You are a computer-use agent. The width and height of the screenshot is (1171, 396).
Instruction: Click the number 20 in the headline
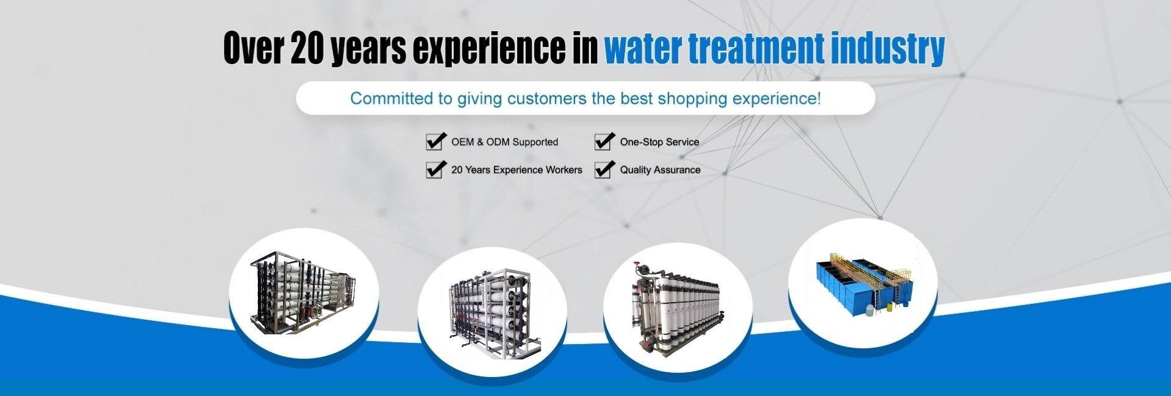tap(309, 49)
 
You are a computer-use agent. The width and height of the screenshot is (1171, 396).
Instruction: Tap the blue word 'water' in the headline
tap(643, 49)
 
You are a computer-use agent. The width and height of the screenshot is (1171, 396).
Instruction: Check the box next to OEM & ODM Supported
tap(435, 141)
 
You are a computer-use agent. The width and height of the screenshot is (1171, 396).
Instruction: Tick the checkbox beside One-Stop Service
tap(604, 141)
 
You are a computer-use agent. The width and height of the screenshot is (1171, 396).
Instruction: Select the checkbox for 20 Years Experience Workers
tap(435, 169)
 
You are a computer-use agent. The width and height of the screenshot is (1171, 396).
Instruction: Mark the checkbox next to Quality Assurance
tap(604, 169)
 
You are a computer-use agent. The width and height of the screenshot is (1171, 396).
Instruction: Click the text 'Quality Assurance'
tap(660, 170)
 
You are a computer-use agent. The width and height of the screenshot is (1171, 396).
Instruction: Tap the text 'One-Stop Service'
tap(659, 142)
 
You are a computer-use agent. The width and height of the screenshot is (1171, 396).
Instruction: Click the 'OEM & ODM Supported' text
tap(504, 142)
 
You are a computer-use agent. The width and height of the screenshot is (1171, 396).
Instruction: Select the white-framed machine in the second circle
tap(495, 312)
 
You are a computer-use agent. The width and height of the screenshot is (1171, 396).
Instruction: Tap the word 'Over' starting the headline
tap(253, 49)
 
